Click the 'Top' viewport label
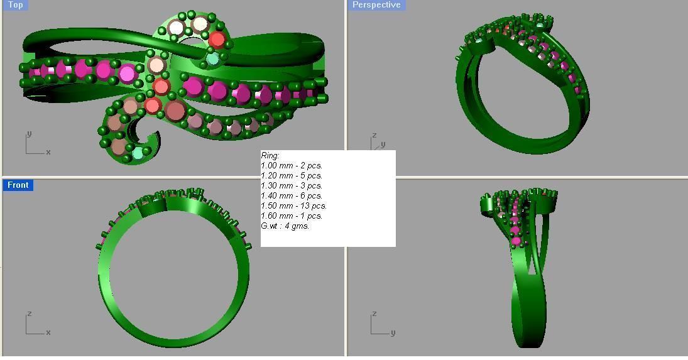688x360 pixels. pos(15,5)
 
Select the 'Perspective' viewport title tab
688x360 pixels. pos(376,5)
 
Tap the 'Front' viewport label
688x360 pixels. pos(18,185)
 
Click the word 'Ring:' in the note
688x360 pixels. pos(270,155)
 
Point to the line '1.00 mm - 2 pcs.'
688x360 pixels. pos(292,165)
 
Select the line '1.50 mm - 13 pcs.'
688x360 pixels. pos(293,205)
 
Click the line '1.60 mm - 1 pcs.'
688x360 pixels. pos(292,215)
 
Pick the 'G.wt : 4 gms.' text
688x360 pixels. pos(285,226)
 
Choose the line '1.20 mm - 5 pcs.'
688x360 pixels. pos(292,175)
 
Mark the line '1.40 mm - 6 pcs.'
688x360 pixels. pos(292,195)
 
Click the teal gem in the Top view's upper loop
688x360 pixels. pos(212,59)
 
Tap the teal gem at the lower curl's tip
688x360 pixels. pos(138,153)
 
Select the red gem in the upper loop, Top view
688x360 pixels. pos(217,40)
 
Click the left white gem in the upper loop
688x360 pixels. pos(177,28)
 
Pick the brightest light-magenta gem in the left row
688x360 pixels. pos(128,74)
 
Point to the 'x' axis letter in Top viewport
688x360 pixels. pos(48,152)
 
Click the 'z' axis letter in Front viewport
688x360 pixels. pos(29,314)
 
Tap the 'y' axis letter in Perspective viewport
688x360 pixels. pos(383,145)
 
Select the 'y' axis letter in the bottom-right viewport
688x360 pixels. pos(393,332)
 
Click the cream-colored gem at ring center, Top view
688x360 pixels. pos(156,65)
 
